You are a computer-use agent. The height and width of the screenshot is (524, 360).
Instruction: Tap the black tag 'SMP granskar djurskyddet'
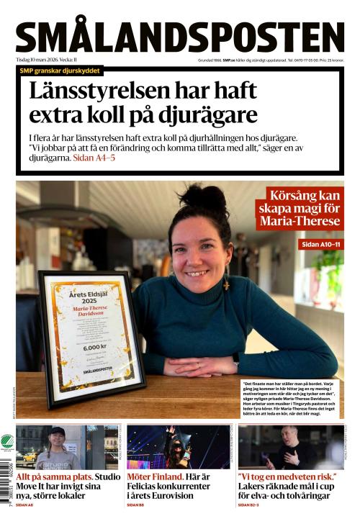pyautogui.click(x=61, y=71)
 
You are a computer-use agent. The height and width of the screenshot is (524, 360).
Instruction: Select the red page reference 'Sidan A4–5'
pyautogui.click(x=94, y=157)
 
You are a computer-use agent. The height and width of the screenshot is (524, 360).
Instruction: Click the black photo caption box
pyautogui.click(x=288, y=397)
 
